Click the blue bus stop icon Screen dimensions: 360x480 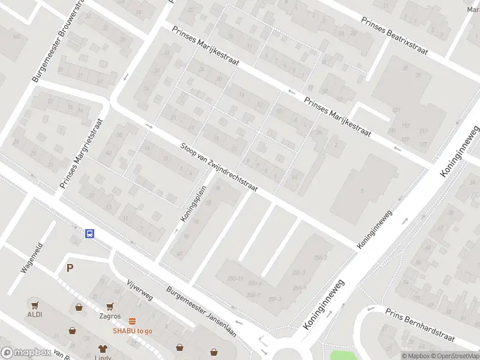pyautogui.click(x=89, y=234)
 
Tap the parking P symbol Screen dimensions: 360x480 pyautogui.click(x=70, y=268)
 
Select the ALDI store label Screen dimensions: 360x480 pyautogui.click(x=34, y=314)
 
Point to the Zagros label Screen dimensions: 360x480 pyautogui.click(x=110, y=316)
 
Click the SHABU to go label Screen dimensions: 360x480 pyautogui.click(x=132, y=330)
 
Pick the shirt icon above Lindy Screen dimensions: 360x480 pyautogui.click(x=103, y=348)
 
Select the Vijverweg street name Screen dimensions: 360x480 pyautogui.click(x=140, y=290)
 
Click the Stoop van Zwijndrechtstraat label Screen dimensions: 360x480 pyautogui.click(x=219, y=167)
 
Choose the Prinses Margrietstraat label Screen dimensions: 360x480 pyautogui.click(x=82, y=155)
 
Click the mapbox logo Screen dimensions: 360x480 pyautogui.click(x=25, y=353)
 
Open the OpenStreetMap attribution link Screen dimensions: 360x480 pyautogui.click(x=455, y=356)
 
